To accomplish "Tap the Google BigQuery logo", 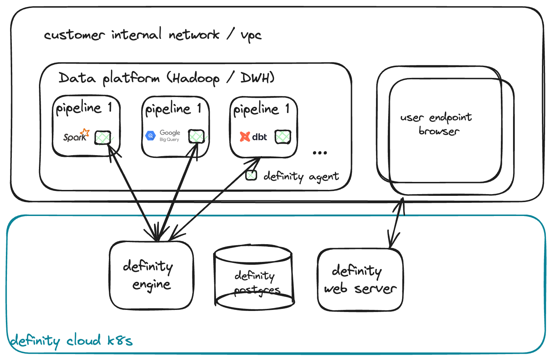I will (x=162, y=136).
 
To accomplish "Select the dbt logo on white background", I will (x=254, y=137).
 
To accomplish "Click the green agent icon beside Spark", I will (x=103, y=138).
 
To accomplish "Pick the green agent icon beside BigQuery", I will (x=196, y=137).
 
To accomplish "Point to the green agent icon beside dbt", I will (x=282, y=137).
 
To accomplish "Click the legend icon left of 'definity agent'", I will (x=251, y=176).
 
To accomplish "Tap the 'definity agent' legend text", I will (x=301, y=176).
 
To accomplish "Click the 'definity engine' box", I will (x=151, y=275).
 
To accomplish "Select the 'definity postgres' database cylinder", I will (x=254, y=278).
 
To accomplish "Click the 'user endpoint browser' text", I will (x=437, y=124).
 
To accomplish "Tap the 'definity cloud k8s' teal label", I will (x=71, y=341).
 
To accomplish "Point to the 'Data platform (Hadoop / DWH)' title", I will (x=166, y=78).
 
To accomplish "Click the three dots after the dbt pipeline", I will (x=319, y=153).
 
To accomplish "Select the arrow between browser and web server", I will (x=396, y=223).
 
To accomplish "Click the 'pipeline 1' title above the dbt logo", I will (x=261, y=109).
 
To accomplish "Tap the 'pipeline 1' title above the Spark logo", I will (x=83, y=108).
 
